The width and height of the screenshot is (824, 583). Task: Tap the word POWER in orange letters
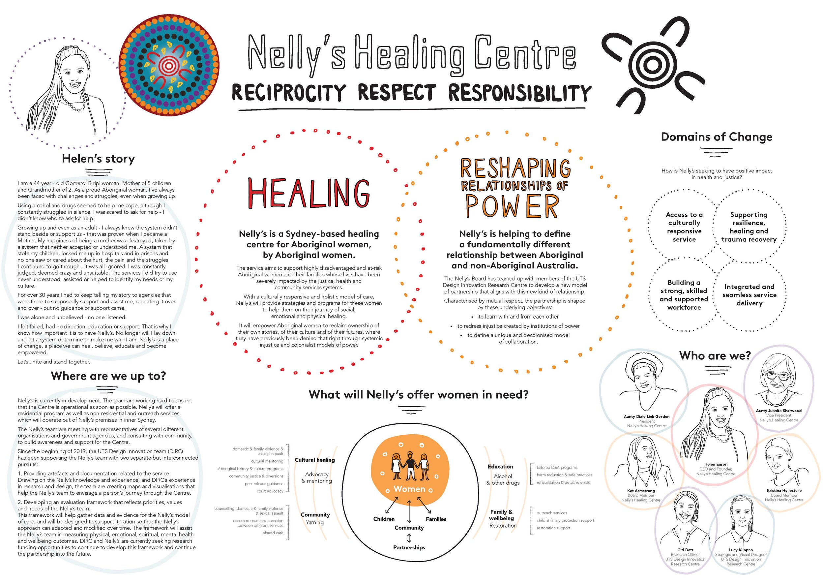coord(512,206)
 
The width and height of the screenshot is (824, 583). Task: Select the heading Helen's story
coord(98,159)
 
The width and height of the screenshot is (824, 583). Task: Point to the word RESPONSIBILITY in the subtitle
coord(519,93)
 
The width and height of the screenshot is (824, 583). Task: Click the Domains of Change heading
coord(716,137)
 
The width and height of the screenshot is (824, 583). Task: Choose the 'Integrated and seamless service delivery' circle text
coord(750,295)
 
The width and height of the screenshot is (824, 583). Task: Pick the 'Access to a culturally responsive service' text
coord(684,227)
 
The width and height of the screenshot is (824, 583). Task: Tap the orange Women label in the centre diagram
coord(409,489)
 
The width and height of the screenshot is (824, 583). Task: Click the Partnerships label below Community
coord(409,547)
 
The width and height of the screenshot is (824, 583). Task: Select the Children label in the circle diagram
coord(384,519)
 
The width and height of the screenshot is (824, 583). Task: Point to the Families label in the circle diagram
coord(436,519)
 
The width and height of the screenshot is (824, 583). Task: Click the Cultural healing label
coord(315,460)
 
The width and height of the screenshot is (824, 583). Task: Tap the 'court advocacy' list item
coord(270,491)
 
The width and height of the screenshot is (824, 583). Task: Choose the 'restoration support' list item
coord(553,528)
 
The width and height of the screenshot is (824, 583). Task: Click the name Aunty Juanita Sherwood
coord(779,411)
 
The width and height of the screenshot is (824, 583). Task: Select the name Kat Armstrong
coord(641,491)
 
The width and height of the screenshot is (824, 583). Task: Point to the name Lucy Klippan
coord(741,550)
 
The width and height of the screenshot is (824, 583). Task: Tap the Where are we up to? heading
coord(108,376)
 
